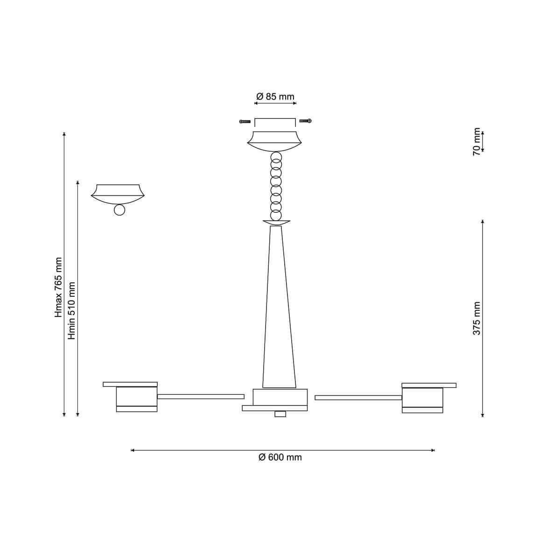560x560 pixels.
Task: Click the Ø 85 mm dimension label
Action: (275, 96)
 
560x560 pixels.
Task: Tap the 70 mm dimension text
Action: (477, 141)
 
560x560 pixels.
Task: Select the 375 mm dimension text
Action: (477, 319)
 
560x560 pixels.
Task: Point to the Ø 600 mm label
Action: (280, 457)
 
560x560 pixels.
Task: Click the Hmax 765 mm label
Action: (59, 287)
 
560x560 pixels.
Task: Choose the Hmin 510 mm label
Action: (72, 311)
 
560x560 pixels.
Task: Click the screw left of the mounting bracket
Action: (245, 121)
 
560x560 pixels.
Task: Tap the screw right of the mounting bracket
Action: (305, 121)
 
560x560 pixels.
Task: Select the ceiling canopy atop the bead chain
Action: (274, 141)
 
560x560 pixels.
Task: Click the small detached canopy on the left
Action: (118, 194)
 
